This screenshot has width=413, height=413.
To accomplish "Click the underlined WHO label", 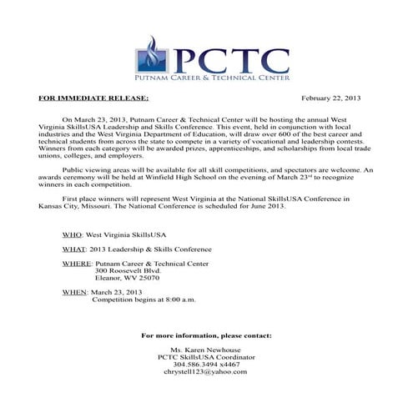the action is pos(73,236).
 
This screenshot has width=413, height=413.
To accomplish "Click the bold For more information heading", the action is pos(206,335).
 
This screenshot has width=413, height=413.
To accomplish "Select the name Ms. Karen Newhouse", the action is pos(206,350).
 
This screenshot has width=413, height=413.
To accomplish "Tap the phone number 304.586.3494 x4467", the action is pos(206,364).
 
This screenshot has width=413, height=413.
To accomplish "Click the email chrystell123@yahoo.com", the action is pos(206,371).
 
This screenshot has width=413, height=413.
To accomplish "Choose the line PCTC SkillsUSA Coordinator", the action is pos(206,357).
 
